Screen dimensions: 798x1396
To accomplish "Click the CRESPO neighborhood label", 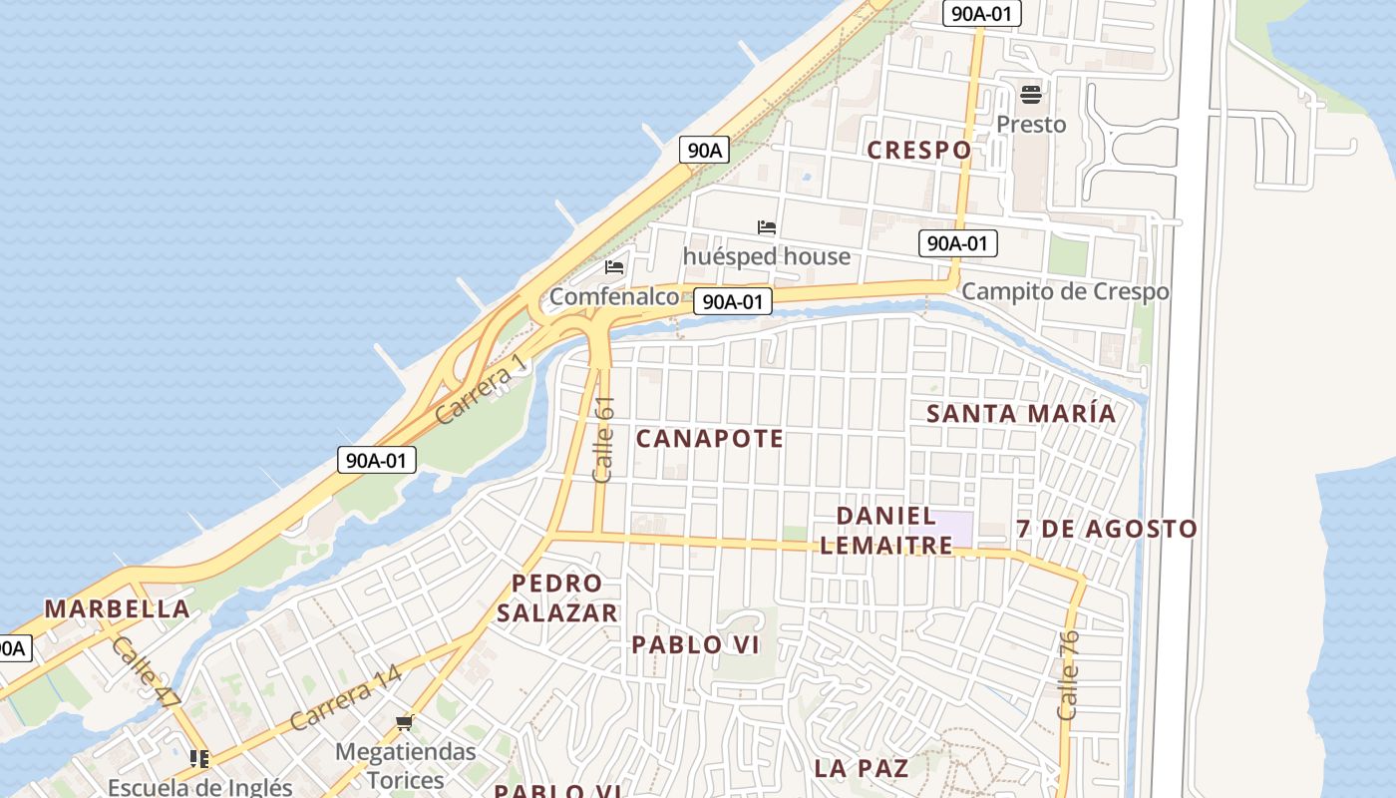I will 918,150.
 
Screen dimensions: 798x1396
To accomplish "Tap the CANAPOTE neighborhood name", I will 710,438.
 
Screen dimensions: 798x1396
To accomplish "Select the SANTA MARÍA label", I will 1021,413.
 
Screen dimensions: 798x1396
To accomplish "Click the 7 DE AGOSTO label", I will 1107,529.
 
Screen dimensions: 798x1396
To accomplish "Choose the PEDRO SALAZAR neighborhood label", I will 557,598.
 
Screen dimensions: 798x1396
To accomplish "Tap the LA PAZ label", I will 862,768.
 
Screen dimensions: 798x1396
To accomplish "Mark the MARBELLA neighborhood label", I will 118,608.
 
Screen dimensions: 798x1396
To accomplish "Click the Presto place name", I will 1031,125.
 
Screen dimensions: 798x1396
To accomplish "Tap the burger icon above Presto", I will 1031,95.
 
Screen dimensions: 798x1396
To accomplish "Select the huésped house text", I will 767,256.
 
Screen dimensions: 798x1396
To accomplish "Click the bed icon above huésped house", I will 767,227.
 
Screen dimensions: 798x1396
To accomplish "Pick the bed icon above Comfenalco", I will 614,267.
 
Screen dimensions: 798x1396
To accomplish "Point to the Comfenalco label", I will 614,297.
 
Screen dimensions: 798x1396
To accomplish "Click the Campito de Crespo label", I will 1065,292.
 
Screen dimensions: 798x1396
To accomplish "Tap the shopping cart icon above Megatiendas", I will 404,722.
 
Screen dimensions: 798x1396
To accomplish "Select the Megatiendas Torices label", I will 405,765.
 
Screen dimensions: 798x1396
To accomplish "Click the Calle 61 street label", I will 603,440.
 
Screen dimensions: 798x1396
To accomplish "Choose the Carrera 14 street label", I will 345,696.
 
